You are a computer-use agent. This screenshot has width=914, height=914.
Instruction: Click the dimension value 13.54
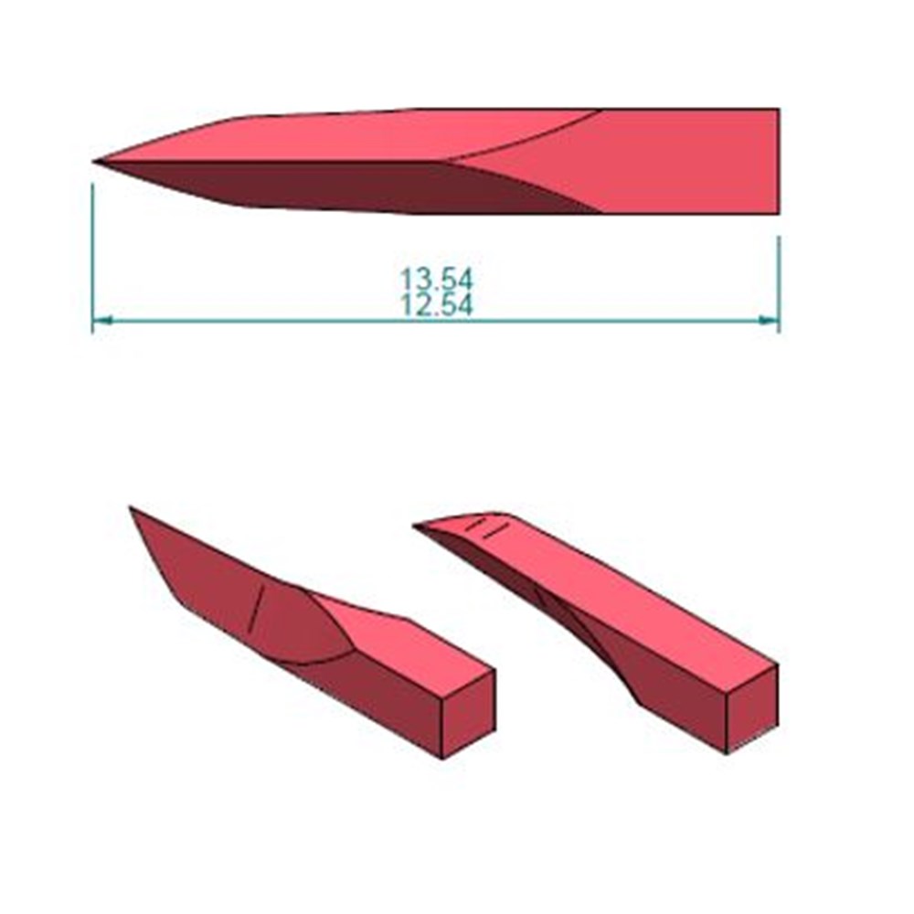click(437, 279)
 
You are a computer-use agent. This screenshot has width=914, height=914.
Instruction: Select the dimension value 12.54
click(437, 305)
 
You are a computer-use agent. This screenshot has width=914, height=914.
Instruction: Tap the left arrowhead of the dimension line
click(101, 319)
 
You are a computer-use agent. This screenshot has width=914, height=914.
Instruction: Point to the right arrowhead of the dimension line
click(770, 319)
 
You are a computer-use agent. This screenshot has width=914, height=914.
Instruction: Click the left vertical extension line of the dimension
click(92, 259)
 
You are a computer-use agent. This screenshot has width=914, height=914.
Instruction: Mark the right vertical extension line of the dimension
click(780, 284)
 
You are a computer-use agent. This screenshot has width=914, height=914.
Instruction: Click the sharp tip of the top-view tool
click(94, 161)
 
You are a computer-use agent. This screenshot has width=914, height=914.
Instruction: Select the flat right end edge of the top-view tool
click(780, 161)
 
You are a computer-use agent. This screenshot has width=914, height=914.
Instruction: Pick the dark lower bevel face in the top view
click(350, 186)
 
